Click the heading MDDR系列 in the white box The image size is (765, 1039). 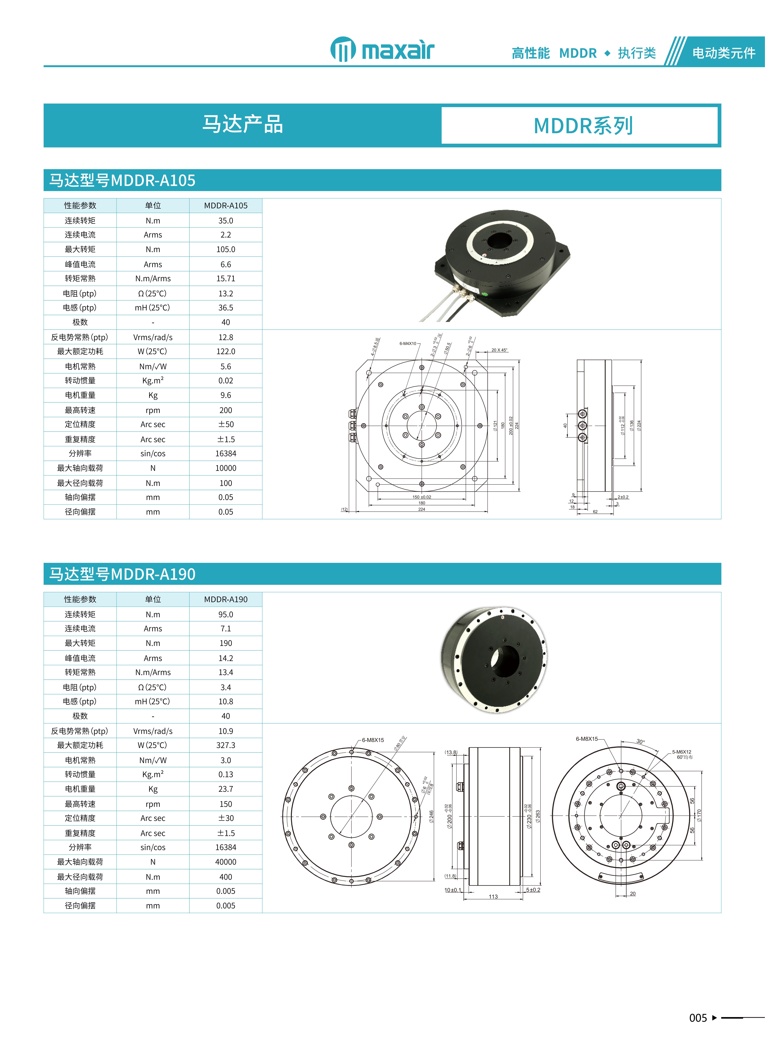click(x=583, y=126)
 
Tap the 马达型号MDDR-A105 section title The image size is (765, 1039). click(x=122, y=180)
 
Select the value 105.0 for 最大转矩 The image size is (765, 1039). click(x=225, y=249)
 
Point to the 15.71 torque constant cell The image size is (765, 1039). click(x=225, y=279)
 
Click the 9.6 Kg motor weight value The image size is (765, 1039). click(x=225, y=395)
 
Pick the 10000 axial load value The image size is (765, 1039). click(x=225, y=468)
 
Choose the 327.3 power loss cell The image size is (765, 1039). click(x=225, y=745)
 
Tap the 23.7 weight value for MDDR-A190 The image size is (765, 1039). click(x=225, y=789)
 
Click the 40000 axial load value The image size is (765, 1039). click(x=225, y=862)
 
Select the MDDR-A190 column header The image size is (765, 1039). click(x=225, y=599)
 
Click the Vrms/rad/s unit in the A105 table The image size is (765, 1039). click(x=153, y=337)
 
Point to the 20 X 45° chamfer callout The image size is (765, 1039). click(x=499, y=350)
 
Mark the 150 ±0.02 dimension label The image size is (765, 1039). click(x=421, y=497)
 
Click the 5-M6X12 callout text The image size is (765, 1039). click(x=682, y=752)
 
